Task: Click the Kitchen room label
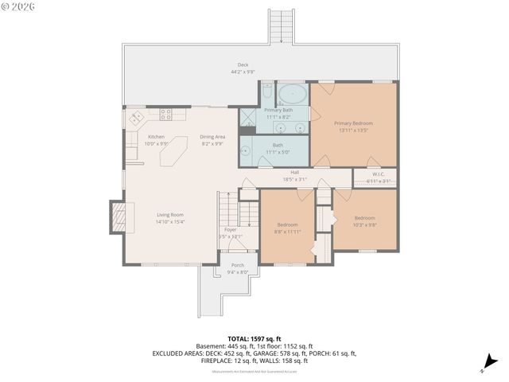(x=156, y=137)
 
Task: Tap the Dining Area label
(x=212, y=137)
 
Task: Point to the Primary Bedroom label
(x=353, y=123)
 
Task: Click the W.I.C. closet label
(x=379, y=173)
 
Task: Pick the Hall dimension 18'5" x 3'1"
(x=294, y=179)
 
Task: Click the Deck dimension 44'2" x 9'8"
(x=243, y=72)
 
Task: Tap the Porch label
(x=237, y=265)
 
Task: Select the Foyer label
(x=230, y=230)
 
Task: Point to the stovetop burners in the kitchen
(x=166, y=114)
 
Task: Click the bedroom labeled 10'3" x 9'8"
(x=364, y=221)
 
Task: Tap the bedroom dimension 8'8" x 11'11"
(x=288, y=232)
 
